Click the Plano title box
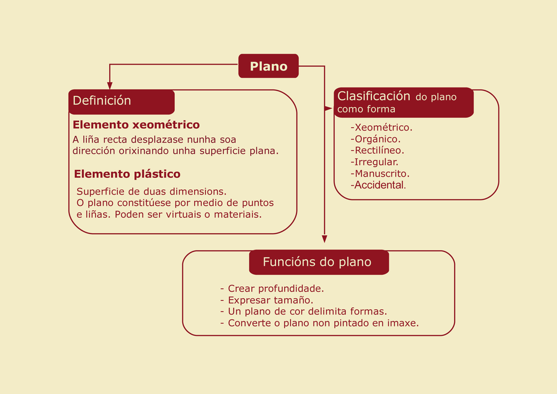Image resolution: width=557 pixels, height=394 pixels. point(268,66)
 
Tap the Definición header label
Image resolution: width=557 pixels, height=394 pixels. point(102,101)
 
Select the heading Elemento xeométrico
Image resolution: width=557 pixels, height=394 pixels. point(136,125)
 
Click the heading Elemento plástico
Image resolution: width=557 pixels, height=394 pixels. point(127,174)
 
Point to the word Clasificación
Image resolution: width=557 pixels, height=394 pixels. point(374,96)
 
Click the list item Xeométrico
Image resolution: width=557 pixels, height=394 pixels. point(382,127)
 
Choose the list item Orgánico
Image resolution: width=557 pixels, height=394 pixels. point(376,139)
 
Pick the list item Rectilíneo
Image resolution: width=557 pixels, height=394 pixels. point(377,150)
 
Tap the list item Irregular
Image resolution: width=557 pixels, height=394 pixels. point(374,162)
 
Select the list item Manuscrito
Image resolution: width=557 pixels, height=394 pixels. point(380,174)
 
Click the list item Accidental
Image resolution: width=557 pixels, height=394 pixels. point(378,185)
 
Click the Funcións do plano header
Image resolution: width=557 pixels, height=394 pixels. point(317,262)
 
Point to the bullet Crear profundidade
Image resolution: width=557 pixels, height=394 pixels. point(272,288)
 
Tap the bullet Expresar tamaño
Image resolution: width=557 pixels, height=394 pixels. point(267,300)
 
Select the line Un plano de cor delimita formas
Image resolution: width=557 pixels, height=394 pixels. point(304,311)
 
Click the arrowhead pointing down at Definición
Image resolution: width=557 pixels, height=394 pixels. point(110,86)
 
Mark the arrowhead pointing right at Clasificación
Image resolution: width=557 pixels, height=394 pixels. point(328,108)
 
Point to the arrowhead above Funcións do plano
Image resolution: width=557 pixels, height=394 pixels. point(325,239)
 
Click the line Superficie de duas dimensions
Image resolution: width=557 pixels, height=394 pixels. point(152,192)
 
